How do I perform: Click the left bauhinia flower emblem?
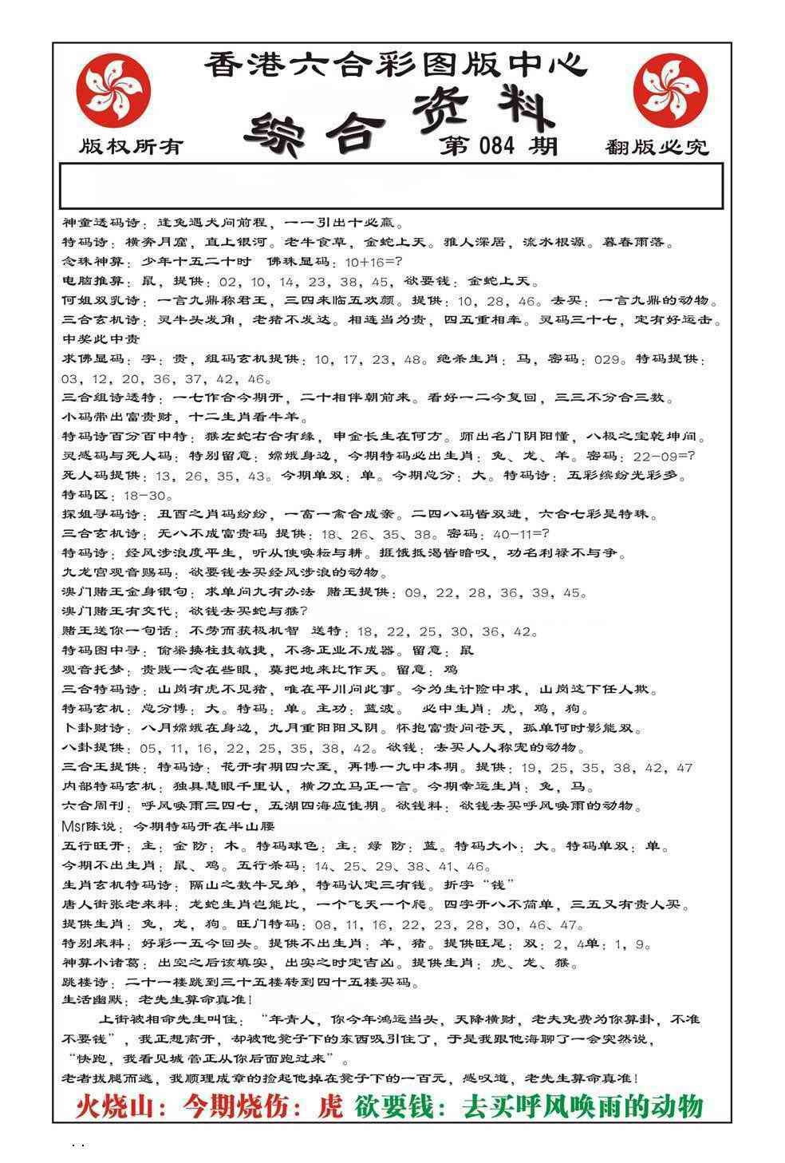[x=112, y=89]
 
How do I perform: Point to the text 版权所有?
[x=131, y=147]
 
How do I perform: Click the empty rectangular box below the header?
[x=391, y=186]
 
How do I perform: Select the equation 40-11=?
[x=507, y=534]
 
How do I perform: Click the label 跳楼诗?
[x=86, y=982]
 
